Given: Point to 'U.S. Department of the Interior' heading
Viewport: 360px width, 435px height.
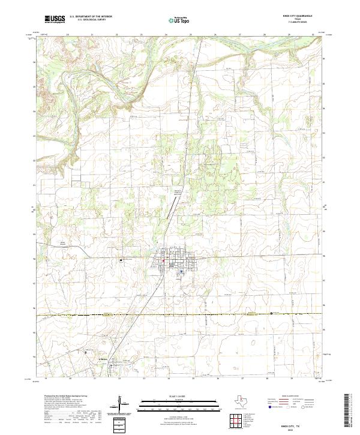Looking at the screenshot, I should [x=91, y=16].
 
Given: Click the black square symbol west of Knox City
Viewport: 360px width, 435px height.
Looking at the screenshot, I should [x=121, y=260].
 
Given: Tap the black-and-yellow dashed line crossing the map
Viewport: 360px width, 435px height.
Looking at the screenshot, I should [x=180, y=314].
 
